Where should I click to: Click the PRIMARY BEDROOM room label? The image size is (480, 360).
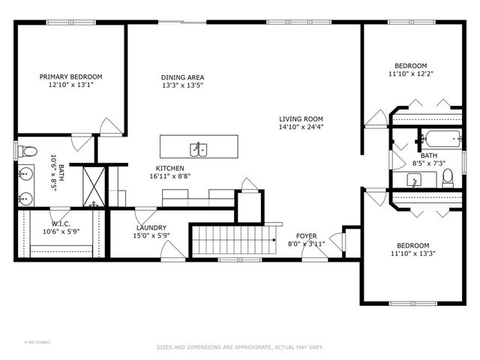coord(71,76)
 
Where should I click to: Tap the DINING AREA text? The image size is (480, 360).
coord(182,77)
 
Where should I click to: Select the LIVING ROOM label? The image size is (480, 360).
coord(301,118)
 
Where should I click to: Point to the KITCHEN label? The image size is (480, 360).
coord(169,168)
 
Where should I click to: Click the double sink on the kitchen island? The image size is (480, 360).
coord(199,147)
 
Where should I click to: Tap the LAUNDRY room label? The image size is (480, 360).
coord(151,228)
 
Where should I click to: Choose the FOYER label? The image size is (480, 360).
coord(306,235)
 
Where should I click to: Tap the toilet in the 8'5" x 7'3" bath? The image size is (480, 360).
coord(448,176)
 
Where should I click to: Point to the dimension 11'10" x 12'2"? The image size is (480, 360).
coord(412,74)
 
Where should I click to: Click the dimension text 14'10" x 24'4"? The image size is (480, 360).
coord(301,127)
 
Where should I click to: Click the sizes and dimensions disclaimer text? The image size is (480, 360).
coord(239,347)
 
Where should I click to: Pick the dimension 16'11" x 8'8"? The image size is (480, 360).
coord(169,176)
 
